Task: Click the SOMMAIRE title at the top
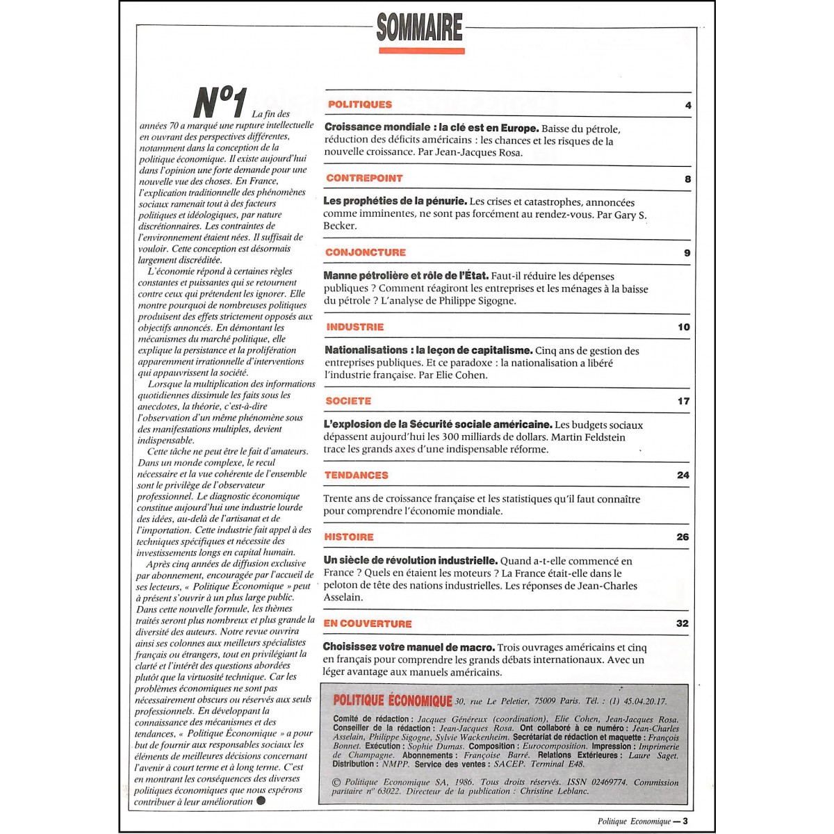tap(419, 28)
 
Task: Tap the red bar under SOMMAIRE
tap(421, 50)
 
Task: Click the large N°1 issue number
tap(219, 102)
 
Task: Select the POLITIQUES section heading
tap(360, 104)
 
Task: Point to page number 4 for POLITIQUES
tap(688, 106)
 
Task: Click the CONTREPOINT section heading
tap(364, 178)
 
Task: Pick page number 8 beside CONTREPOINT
tap(688, 179)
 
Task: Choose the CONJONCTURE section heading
tap(366, 252)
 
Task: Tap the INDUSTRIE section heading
tap(354, 327)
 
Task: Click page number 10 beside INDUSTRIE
tap(684, 327)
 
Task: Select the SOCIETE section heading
tap(348, 401)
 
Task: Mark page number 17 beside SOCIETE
tap(684, 401)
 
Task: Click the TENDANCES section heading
tap(356, 475)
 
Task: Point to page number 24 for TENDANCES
tap(683, 475)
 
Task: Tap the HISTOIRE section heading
tap(348, 537)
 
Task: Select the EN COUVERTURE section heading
tap(367, 623)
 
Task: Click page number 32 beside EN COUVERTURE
tap(682, 623)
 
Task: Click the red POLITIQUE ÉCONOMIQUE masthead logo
tap(393, 701)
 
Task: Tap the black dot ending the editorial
tap(261, 800)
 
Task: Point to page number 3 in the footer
tap(685, 821)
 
